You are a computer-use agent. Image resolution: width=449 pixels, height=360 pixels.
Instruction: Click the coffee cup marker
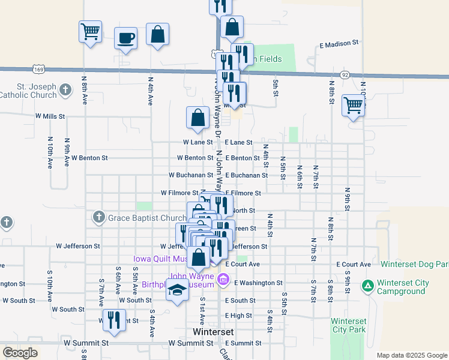[125, 38]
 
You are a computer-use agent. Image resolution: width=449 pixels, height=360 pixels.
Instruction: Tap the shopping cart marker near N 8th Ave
[90, 31]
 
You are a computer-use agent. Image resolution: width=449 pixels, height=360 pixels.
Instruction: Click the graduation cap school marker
[176, 290]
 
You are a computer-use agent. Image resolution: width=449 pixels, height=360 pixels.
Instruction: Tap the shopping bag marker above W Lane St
[197, 118]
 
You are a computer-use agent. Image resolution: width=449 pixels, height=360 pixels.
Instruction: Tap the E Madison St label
[339, 44]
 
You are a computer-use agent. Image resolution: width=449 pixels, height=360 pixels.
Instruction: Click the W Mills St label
[50, 116]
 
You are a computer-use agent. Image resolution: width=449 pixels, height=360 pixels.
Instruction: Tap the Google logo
[20, 353]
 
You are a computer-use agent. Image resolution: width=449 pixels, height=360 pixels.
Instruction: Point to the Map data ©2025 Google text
[411, 355]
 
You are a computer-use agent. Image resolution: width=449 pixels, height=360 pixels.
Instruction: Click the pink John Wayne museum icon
[224, 278]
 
